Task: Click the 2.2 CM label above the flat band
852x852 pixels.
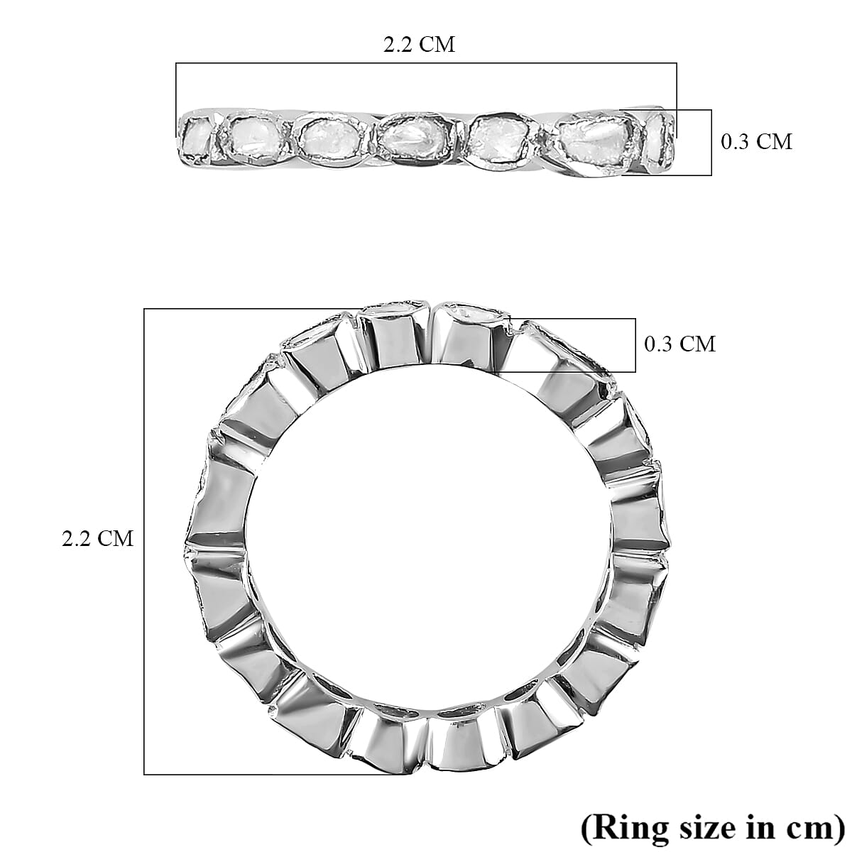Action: (419, 45)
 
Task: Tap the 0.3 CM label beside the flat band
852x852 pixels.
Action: (756, 141)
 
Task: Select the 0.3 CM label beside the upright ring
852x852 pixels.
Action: (679, 344)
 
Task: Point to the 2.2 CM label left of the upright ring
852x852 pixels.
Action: (97, 538)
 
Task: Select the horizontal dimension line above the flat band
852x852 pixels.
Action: (426, 64)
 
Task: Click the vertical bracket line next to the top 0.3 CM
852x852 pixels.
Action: (711, 142)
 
